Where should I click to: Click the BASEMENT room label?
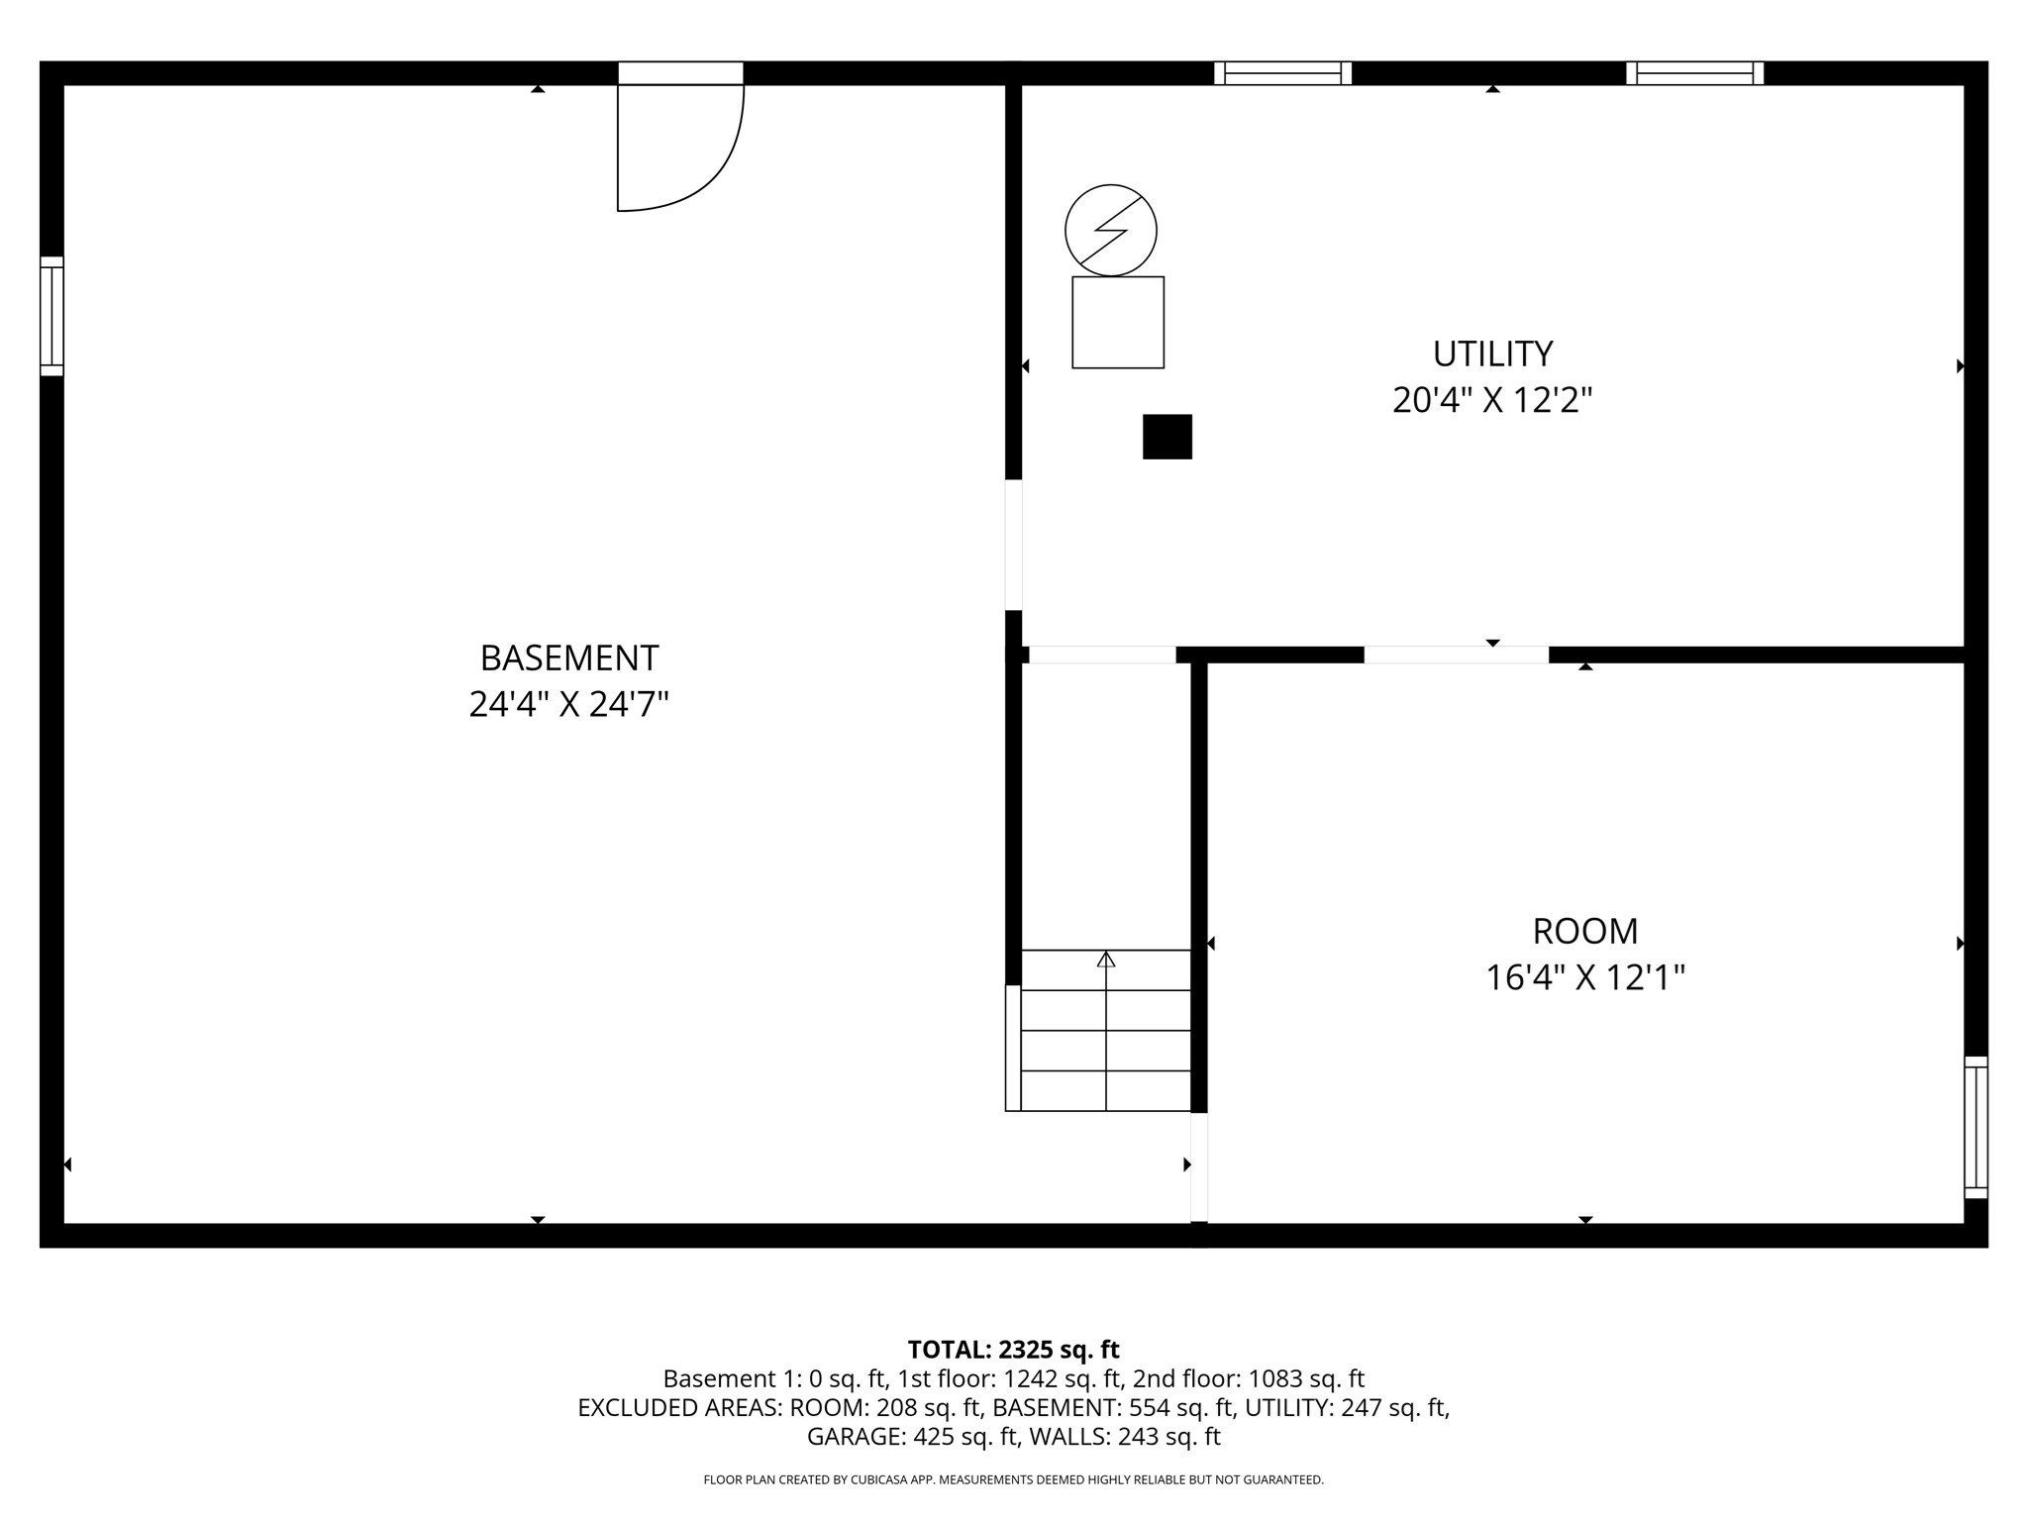568,659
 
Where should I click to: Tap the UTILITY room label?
1492,354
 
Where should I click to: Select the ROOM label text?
1584,932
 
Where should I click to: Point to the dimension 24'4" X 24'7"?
568,705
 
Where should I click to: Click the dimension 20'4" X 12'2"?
1492,401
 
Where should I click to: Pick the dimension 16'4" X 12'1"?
1584,978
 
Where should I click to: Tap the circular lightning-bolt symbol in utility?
1110,230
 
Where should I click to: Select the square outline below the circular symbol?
1117,323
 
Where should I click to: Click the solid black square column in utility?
1166,437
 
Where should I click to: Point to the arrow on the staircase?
1106,959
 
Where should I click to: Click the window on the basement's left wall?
51,316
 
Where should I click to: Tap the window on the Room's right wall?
1976,1127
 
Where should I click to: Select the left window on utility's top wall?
1282,73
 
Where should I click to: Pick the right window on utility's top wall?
1694,73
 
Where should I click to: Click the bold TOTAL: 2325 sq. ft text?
1013,1350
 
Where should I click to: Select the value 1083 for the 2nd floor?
1269,1378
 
